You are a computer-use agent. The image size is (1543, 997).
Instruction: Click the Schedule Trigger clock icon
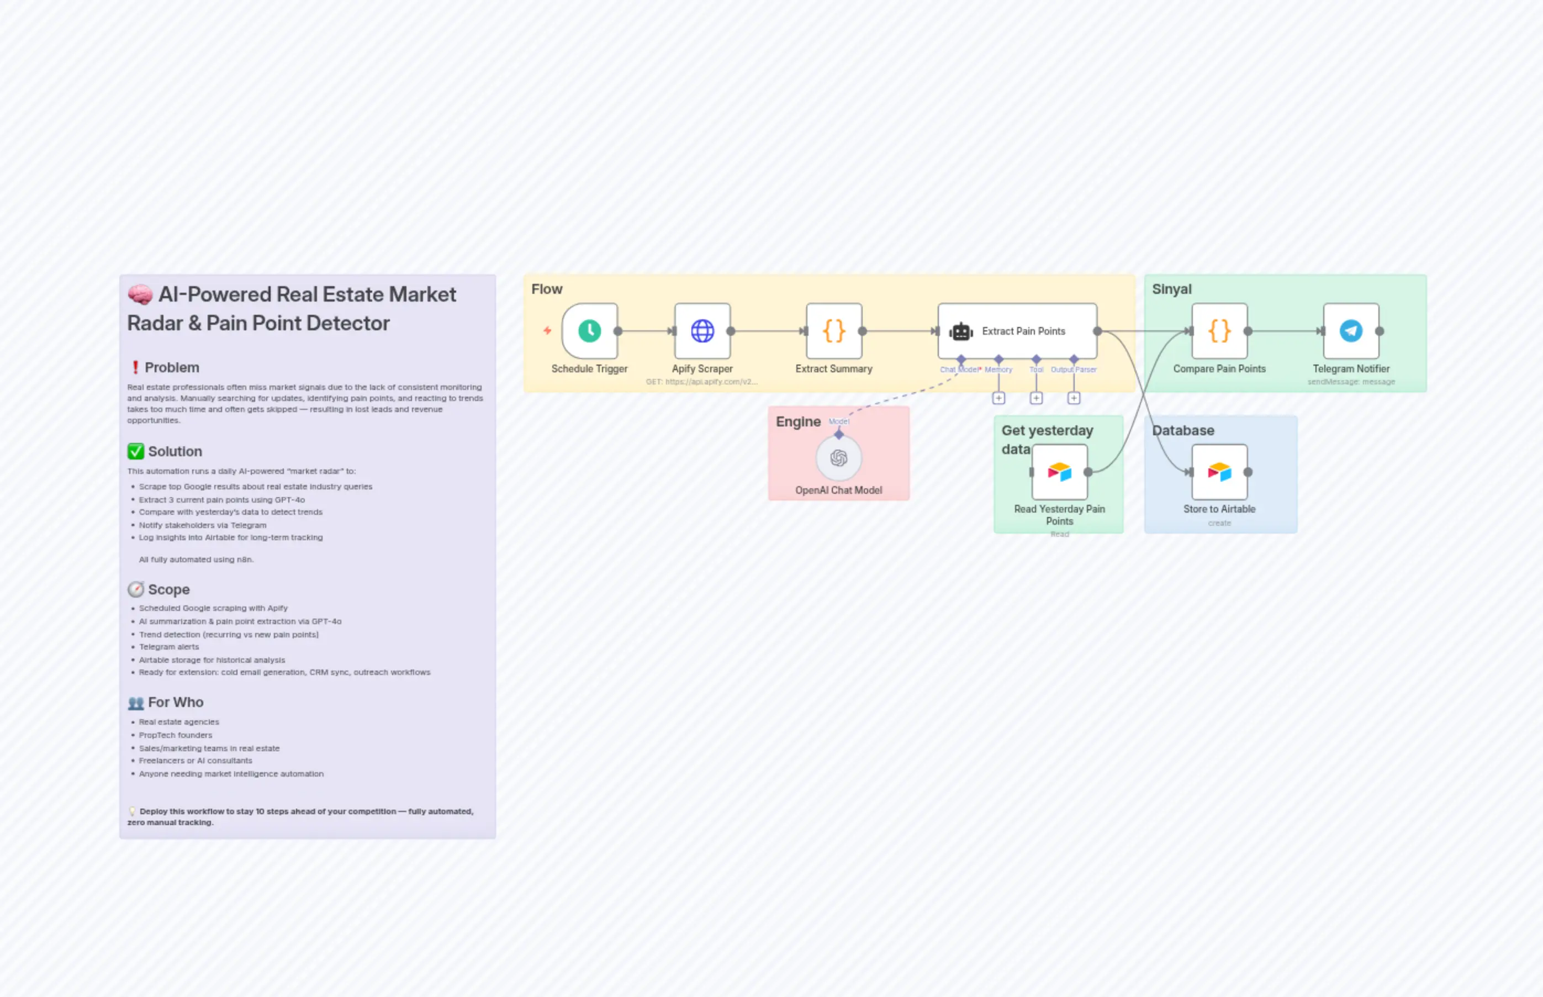point(589,331)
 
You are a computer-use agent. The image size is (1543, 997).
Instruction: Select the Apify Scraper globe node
point(702,331)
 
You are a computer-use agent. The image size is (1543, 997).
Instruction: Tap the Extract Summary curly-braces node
point(834,331)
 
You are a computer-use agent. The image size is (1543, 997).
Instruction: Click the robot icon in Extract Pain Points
point(960,331)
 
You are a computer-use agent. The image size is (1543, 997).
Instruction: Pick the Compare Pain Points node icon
point(1219,331)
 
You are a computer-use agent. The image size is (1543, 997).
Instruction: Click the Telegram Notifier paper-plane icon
point(1351,331)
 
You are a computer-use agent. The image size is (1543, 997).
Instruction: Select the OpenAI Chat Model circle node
point(838,458)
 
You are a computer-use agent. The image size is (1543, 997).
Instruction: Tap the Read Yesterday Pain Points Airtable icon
point(1060,472)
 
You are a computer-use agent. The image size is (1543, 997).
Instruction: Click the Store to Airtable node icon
point(1219,472)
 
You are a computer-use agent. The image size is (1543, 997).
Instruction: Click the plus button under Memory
point(998,398)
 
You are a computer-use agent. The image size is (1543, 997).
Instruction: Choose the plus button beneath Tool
point(1036,398)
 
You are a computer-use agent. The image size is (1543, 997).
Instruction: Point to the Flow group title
point(546,289)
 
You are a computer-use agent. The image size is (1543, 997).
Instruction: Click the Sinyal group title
point(1171,289)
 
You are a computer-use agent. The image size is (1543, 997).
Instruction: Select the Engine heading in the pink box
point(798,422)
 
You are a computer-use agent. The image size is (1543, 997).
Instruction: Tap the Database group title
point(1182,430)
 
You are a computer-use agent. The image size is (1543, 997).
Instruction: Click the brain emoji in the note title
point(140,294)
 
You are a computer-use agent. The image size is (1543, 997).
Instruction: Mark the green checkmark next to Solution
point(135,451)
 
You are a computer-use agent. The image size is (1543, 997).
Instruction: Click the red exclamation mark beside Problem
point(135,368)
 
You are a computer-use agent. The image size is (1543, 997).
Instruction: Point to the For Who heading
point(176,703)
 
